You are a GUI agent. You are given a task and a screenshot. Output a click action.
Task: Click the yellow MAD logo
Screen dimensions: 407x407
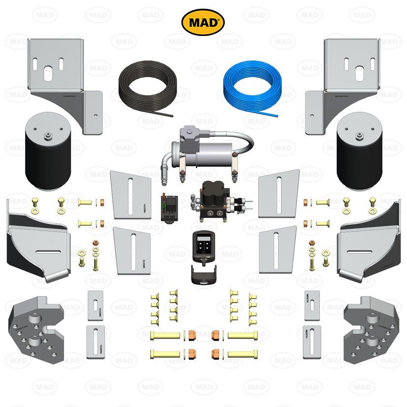[x=203, y=22]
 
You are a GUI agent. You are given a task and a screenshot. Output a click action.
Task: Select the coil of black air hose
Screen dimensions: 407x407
[x=145, y=87]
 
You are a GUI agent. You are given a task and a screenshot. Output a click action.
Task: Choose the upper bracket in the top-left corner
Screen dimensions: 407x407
[x=62, y=79]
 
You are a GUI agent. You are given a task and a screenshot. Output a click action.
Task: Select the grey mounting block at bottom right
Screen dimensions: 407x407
[x=372, y=330]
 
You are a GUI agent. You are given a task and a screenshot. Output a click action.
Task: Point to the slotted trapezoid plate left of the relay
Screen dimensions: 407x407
[x=131, y=194]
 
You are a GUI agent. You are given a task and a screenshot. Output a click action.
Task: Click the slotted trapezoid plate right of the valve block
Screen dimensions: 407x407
[x=279, y=194]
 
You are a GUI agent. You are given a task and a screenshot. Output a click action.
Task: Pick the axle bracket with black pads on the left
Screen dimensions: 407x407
[x=37, y=246]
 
